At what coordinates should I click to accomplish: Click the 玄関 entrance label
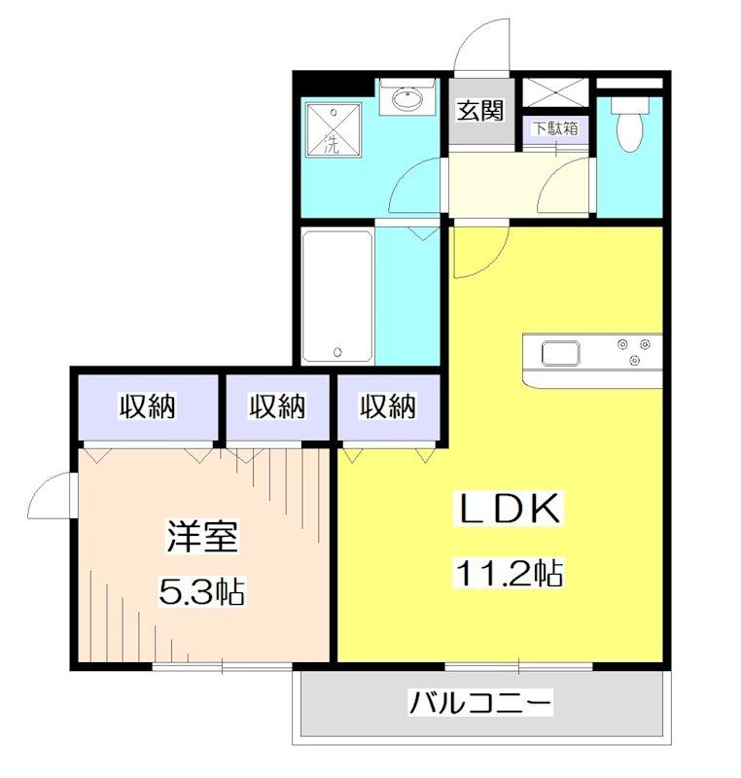480,111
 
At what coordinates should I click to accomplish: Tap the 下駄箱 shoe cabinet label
555,127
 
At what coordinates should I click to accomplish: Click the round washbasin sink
408,98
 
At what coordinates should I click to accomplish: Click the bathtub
336,295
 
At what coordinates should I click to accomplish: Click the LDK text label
508,509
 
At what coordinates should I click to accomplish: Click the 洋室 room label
203,538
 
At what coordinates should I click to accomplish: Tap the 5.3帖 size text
203,588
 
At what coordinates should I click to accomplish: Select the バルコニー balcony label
481,701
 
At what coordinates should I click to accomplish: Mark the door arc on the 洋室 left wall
51,496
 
